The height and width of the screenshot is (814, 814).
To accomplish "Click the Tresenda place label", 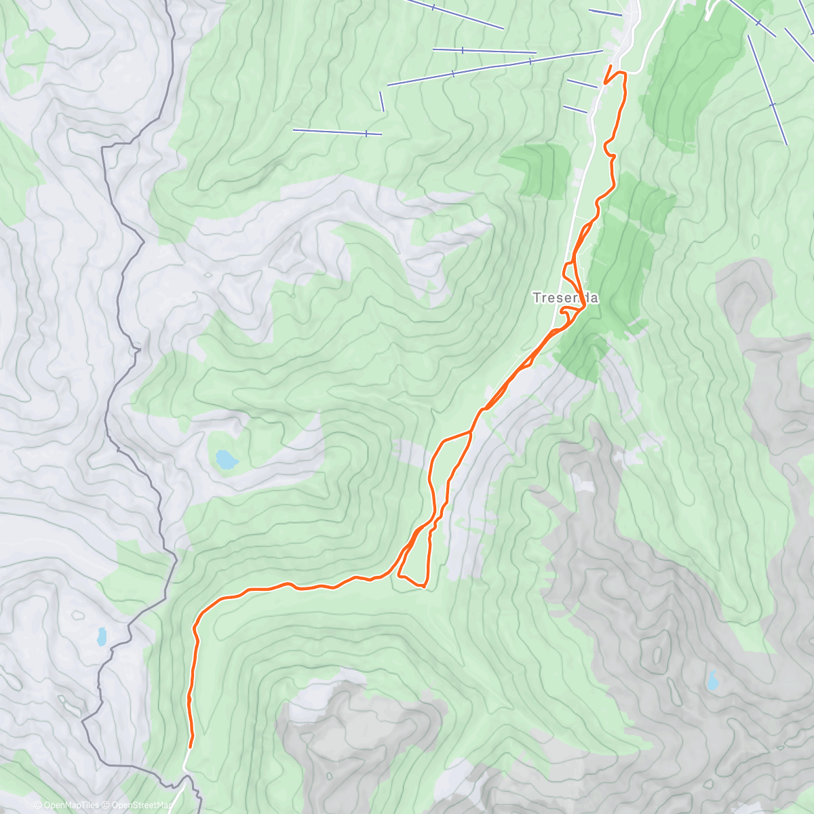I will [565, 298].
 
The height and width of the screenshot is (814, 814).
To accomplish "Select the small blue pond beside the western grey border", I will [102, 636].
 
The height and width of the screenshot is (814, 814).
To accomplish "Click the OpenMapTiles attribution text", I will [66, 805].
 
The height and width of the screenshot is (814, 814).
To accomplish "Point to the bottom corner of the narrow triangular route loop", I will [423, 585].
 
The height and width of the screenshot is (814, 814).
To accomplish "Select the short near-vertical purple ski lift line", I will [382, 102].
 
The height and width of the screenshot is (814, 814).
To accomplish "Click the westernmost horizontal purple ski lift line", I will [337, 132].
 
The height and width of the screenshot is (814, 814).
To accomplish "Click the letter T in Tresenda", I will [537, 298].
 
